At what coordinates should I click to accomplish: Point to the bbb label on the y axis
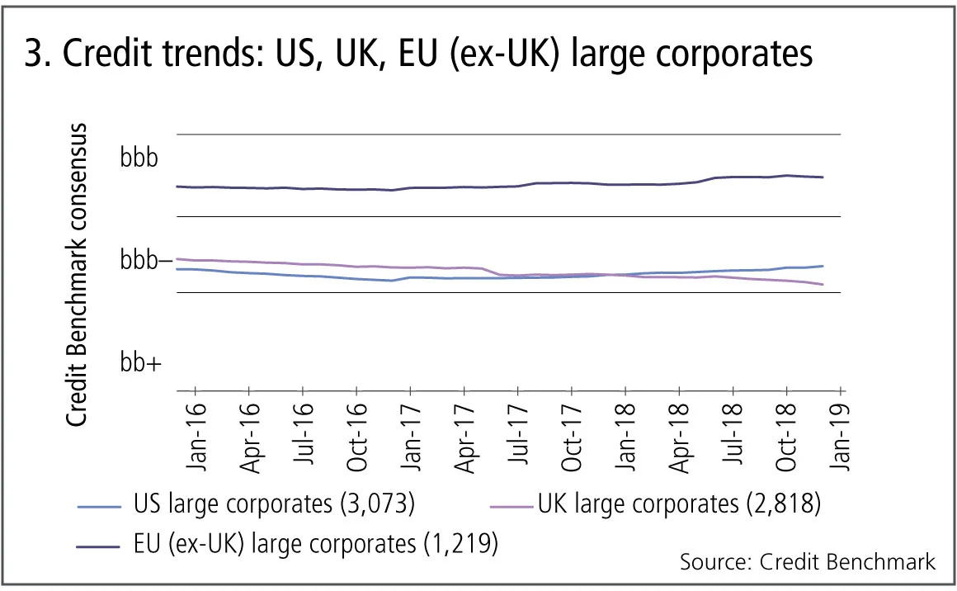pos(139,158)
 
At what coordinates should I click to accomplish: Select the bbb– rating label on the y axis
pos(145,262)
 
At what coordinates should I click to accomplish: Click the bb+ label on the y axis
pos(140,362)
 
